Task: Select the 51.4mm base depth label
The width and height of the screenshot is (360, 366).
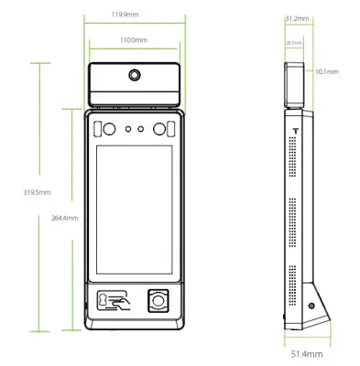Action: [306, 352]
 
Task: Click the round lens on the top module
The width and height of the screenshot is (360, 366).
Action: [136, 75]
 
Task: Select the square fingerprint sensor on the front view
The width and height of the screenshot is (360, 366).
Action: [158, 299]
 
